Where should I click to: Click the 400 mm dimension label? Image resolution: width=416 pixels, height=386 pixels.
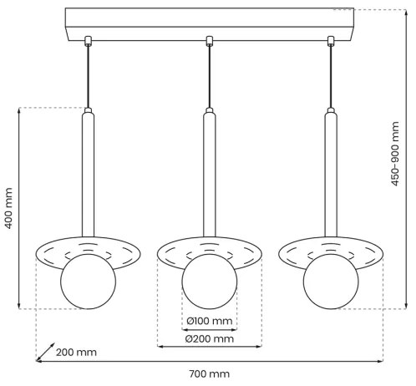(9, 208)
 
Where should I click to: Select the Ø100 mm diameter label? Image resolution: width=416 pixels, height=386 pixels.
(210, 321)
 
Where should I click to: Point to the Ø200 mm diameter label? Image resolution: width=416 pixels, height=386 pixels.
(210, 338)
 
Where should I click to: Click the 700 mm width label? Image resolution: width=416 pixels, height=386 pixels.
(209, 373)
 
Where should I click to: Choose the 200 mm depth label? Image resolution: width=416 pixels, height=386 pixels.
(76, 352)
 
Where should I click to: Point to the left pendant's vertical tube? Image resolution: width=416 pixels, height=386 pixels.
(88, 175)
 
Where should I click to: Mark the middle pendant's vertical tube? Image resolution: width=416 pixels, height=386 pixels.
(210, 175)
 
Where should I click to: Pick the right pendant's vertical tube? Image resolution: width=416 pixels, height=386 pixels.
(331, 175)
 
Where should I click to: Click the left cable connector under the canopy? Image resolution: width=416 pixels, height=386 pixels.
(88, 39)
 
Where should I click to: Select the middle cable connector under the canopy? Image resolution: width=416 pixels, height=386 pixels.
(210, 39)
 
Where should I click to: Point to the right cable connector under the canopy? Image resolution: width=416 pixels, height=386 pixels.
(331, 39)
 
